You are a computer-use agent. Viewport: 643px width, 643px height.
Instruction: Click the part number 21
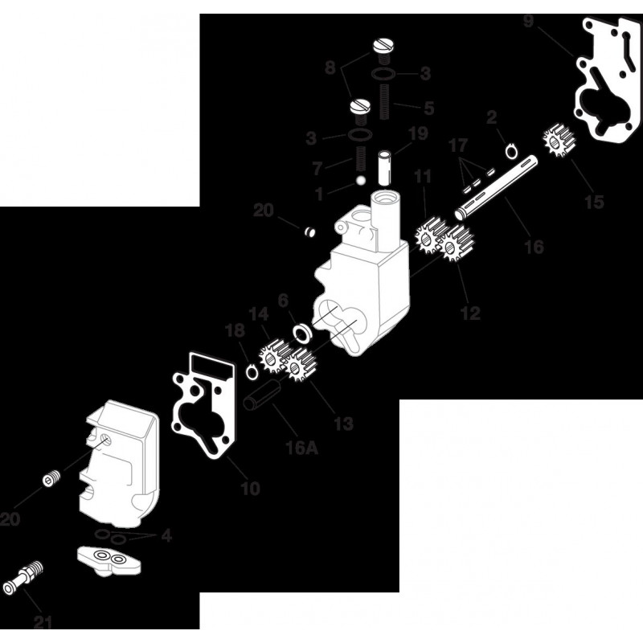(x=43, y=623)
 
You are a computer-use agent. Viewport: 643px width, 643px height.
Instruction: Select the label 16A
(x=302, y=448)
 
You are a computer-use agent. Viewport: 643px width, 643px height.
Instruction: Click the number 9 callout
(x=528, y=22)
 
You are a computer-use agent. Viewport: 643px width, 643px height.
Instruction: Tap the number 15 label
(x=594, y=202)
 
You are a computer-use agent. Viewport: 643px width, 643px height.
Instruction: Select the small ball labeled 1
(x=361, y=180)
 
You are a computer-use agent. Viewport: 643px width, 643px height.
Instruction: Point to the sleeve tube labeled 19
(x=386, y=166)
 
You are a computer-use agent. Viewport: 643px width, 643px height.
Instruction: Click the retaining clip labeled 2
(x=511, y=150)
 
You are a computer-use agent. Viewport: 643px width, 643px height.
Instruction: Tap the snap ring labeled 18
(x=251, y=371)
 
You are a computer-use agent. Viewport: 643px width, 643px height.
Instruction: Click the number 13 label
(x=343, y=423)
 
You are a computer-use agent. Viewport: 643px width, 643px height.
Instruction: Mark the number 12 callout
(x=470, y=313)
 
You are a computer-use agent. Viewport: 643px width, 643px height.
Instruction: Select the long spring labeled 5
(x=384, y=102)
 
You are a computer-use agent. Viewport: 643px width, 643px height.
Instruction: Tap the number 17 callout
(x=457, y=145)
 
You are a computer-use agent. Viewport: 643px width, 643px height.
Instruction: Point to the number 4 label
(x=166, y=535)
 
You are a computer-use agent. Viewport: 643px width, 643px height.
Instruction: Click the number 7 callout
(x=317, y=168)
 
